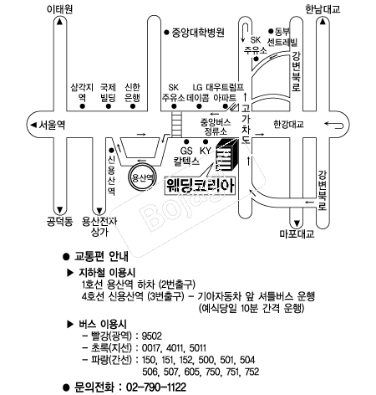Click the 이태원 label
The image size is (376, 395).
coord(60,9)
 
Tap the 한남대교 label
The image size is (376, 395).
coord(323,9)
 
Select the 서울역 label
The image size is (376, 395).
coord(52,125)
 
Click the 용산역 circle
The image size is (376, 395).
coord(142,177)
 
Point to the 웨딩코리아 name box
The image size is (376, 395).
coord(200,186)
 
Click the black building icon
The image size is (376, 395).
coord(227,154)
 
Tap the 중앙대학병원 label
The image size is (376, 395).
coord(198,33)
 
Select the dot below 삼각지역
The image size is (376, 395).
coord(82,106)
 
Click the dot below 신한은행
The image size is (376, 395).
coord(133,106)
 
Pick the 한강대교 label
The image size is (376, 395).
coord(288,125)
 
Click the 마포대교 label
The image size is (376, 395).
coord(297,233)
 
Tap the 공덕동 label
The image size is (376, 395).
coord(59,222)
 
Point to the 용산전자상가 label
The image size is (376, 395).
coord(99,227)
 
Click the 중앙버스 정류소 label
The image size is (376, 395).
coord(216,126)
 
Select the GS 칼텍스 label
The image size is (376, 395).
coord(186,156)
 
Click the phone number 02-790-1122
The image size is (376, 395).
coord(156,387)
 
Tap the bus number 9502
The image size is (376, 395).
coord(152,336)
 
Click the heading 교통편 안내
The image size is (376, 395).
coord(101,256)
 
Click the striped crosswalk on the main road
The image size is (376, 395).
coord(176,125)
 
